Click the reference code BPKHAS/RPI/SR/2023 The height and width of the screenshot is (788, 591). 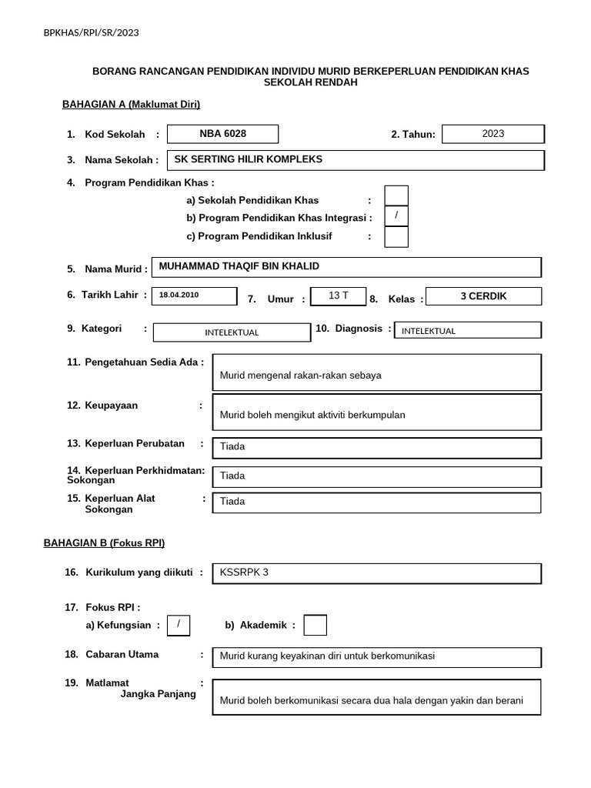92,32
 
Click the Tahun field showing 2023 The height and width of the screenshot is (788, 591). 493,134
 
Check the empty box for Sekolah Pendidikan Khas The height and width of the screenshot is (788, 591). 396,195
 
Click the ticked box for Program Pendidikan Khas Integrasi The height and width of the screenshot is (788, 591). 396,216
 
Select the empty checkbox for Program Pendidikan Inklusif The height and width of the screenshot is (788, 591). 396,237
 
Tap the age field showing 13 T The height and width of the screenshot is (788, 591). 338,296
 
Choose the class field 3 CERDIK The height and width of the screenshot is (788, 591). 483,296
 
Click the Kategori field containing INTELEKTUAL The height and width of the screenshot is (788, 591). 231,332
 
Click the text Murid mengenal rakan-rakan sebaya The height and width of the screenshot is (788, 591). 300,376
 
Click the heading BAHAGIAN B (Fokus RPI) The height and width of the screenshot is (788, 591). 104,543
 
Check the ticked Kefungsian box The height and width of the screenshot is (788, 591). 179,625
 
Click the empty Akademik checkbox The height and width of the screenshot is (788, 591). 315,626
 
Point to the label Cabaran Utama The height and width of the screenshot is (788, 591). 122,654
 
